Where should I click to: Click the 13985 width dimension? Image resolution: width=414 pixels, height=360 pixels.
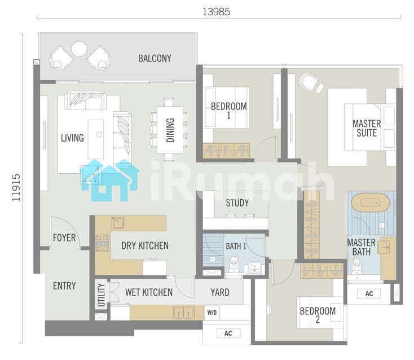coord(216,12)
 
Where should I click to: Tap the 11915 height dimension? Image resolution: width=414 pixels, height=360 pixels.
coord(16,187)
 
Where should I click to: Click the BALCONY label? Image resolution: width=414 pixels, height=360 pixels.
coord(155,58)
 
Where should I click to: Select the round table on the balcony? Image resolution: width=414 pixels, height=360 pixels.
coord(79,49)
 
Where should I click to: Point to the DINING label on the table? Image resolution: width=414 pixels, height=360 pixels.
coord(170,130)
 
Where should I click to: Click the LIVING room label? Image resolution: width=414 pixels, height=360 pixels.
coord(72,138)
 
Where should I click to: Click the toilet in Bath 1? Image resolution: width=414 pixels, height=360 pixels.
coord(234,263)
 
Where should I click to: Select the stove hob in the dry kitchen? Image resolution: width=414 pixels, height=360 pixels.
coord(102,243)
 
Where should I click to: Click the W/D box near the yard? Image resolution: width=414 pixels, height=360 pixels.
coord(212,313)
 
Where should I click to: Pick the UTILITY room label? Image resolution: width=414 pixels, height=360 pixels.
coord(101,295)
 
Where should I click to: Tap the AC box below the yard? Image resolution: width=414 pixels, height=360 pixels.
coord(228,333)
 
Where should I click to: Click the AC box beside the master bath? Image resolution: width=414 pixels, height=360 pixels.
coord(369,293)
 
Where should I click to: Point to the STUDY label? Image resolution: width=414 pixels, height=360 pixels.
coord(237,203)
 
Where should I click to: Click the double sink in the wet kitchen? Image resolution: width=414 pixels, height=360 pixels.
coord(184,313)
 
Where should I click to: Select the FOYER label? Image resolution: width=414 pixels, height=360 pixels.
coord(64,238)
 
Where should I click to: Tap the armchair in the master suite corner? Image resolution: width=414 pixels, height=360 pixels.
coord(311,83)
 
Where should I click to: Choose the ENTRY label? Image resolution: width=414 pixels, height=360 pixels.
coord(64,286)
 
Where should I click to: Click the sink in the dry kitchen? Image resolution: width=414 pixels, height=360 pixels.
coord(117,223)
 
